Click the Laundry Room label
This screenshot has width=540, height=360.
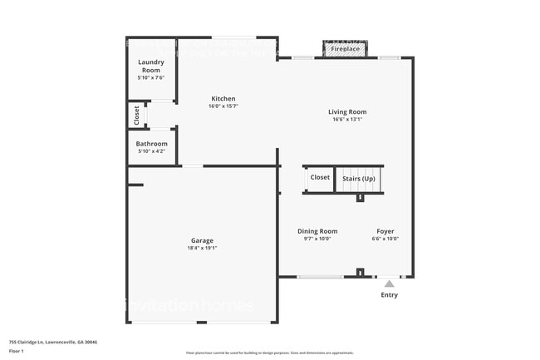click(x=150, y=66)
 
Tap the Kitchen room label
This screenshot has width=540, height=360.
click(x=223, y=99)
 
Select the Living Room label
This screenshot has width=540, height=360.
click(x=347, y=111)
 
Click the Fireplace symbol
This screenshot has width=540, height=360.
click(x=346, y=49)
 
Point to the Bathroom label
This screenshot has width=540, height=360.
click(x=151, y=144)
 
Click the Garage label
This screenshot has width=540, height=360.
click(x=203, y=240)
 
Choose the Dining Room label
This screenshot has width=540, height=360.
click(x=317, y=231)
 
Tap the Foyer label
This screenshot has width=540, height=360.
click(x=385, y=231)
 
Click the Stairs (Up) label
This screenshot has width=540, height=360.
click(x=358, y=178)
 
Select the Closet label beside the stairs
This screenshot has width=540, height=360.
click(x=320, y=177)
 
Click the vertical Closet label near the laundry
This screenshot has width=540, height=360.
click(x=137, y=116)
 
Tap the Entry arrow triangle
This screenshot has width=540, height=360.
click(x=389, y=284)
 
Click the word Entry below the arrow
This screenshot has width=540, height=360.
click(x=389, y=294)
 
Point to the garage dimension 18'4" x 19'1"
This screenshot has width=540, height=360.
click(x=203, y=248)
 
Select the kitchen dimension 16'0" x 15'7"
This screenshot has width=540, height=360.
click(x=223, y=106)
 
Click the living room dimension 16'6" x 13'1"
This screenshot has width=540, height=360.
click(x=347, y=119)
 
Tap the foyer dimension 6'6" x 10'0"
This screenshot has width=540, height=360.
click(x=385, y=239)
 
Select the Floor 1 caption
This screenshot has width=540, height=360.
click(x=17, y=350)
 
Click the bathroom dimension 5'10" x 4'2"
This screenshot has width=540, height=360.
click(x=151, y=151)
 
